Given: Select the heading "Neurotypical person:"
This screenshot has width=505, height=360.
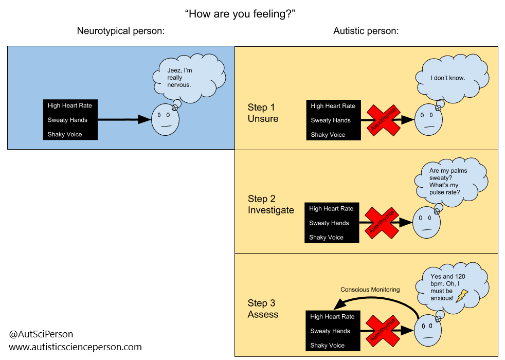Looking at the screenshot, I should [121, 31].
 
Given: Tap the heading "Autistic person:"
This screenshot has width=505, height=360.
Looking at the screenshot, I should [366, 31].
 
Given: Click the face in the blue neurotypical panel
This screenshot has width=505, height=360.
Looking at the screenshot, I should [165, 120].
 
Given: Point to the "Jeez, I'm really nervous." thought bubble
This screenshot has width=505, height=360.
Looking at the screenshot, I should [188, 78].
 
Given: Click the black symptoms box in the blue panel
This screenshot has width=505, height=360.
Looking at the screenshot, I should [70, 120].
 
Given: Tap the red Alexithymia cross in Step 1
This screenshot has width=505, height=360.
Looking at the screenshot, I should [383, 120].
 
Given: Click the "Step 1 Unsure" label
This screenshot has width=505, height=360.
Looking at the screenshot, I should [263, 113].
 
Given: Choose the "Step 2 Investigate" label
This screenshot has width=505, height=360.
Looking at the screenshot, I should [270, 205].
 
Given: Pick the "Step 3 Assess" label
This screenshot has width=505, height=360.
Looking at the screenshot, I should [263, 309].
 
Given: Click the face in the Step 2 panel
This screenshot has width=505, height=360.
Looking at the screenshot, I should [426, 222].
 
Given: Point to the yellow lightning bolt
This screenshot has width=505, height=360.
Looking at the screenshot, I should [462, 295].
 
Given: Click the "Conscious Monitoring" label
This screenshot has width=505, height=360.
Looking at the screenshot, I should [370, 290].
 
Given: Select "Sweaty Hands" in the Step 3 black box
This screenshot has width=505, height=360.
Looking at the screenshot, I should [330, 331].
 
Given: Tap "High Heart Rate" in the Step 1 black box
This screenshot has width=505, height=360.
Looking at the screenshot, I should [333, 106].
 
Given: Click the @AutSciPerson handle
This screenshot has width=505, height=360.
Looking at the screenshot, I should [41, 334].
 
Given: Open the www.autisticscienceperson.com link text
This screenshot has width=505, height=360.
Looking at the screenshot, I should [76, 347].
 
